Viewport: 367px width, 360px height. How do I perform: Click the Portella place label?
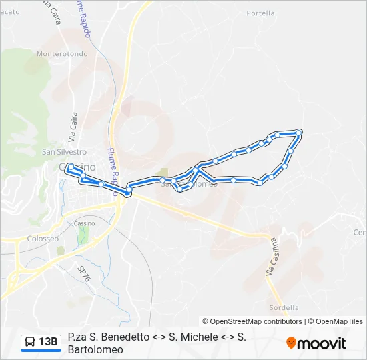tap(260, 13)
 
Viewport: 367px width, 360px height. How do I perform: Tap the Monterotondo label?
tap(62, 54)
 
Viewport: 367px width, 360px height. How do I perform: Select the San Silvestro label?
tap(65, 151)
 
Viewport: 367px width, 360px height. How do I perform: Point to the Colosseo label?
tap(43, 238)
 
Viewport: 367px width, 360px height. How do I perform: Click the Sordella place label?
tap(284, 307)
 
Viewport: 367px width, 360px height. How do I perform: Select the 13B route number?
tap(48, 342)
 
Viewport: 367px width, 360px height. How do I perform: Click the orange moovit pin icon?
tap(291, 343)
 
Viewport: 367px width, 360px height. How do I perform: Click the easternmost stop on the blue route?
tap(298, 133)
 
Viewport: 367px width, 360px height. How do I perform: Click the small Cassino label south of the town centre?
tap(85, 223)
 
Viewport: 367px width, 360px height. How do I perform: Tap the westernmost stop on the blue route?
tap(67, 171)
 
